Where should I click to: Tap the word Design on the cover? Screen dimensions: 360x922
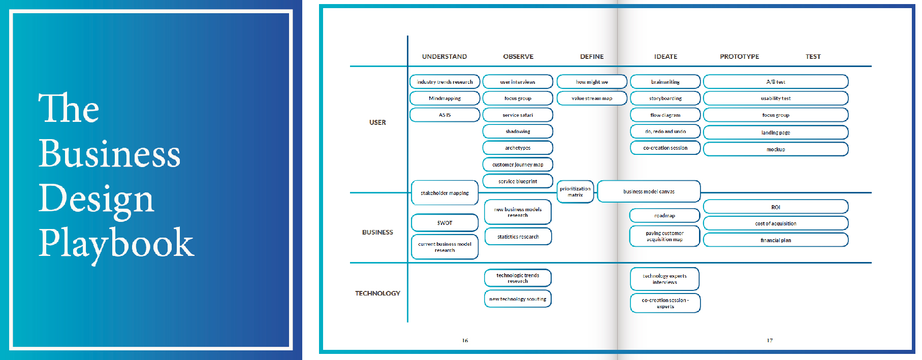(96, 199)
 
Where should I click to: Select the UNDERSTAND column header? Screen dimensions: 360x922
(444, 56)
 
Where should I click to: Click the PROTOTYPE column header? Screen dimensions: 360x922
(739, 56)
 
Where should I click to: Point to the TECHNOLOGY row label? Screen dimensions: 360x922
(377, 293)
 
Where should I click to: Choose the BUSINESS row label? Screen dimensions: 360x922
(377, 232)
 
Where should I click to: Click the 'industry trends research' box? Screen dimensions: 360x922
(444, 82)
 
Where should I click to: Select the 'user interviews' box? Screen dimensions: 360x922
(518, 82)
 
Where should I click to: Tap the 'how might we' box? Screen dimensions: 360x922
(592, 82)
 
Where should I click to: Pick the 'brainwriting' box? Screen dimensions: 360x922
(665, 82)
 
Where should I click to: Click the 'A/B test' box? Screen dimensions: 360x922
(775, 82)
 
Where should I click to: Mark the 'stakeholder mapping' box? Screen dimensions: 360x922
(444, 193)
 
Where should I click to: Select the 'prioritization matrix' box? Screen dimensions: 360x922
(575, 192)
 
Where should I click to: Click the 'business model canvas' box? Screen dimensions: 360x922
(649, 191)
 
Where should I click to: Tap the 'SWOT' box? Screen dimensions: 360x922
(444, 222)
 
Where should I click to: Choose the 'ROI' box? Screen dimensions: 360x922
(775, 207)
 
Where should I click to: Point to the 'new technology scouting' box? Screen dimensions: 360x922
(518, 299)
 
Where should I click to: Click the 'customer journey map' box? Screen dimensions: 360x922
(518, 165)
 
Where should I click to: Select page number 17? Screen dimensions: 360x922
(770, 340)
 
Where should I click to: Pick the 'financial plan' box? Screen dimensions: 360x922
(775, 240)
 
